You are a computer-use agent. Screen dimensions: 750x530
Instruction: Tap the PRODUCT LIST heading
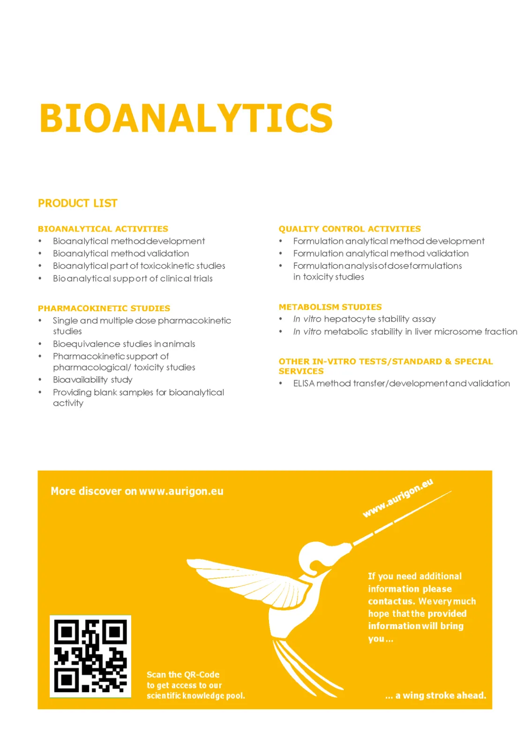[77, 203]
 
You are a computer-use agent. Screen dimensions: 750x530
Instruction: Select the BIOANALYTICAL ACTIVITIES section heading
[103, 229]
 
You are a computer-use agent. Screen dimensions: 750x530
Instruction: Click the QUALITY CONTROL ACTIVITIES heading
[350, 229]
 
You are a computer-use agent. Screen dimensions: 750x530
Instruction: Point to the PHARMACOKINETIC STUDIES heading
[104, 308]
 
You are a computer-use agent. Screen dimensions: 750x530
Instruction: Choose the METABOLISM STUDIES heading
[330, 307]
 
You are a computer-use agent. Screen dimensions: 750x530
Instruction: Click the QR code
[90, 656]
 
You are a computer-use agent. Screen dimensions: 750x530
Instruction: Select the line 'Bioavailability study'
[92, 380]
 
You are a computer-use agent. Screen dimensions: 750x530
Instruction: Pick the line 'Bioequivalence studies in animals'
[124, 344]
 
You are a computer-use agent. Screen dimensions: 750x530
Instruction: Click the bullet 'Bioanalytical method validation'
[121, 253]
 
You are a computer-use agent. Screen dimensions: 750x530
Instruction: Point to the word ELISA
[303, 383]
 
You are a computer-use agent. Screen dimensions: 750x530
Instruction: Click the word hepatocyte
[349, 319]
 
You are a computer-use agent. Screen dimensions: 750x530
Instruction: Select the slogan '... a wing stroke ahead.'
[435, 695]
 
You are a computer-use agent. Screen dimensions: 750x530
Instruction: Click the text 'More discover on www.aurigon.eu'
[137, 491]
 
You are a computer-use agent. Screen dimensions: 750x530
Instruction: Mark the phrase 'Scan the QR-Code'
[183, 675]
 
